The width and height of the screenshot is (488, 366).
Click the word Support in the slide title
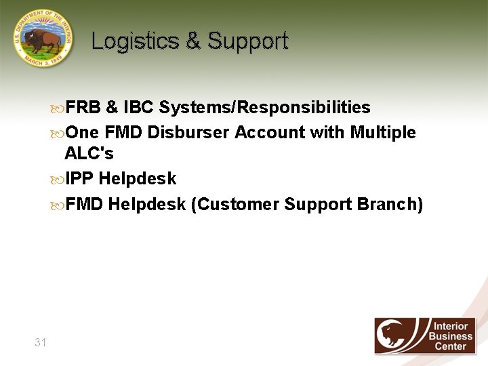pyautogui.click(x=248, y=41)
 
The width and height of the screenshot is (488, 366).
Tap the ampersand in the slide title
pyautogui.click(x=194, y=41)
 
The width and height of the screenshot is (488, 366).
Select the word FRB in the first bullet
pyautogui.click(x=83, y=108)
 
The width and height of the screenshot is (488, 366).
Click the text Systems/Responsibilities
pyautogui.click(x=265, y=108)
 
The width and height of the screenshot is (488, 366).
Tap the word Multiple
pyautogui.click(x=383, y=132)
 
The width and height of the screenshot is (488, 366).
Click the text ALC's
pyautogui.click(x=89, y=154)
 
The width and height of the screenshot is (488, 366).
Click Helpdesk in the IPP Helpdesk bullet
pyautogui.click(x=138, y=179)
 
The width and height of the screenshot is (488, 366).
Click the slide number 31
pyautogui.click(x=41, y=342)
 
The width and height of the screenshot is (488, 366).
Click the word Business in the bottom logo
pyautogui.click(x=450, y=336)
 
